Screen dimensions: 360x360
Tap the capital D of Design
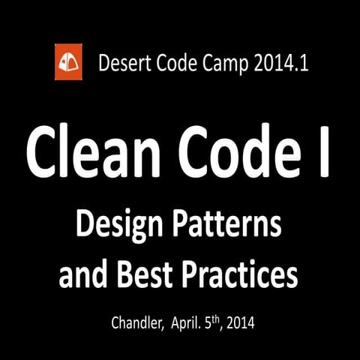[x=85, y=224]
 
